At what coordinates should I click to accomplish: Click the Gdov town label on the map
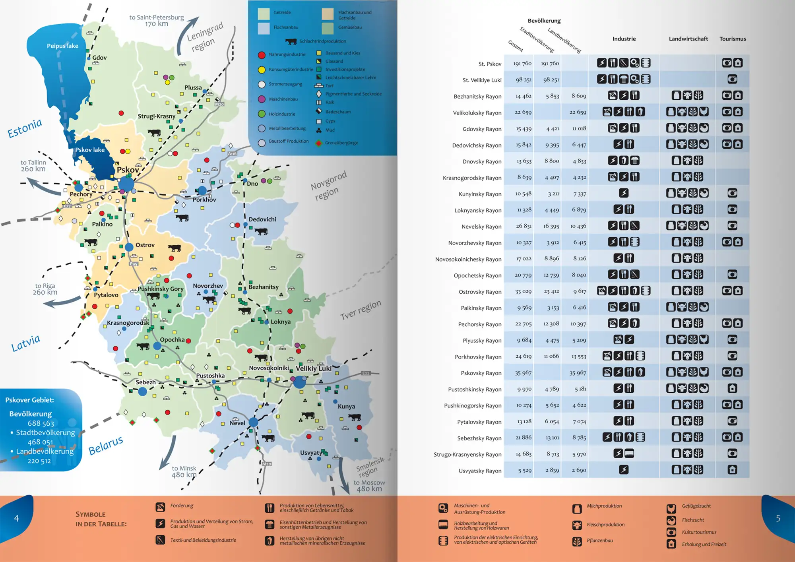[x=99, y=58]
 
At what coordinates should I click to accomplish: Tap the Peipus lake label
[x=62, y=46]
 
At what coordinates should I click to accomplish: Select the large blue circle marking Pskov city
[x=126, y=184]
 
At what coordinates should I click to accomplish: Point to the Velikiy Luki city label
[x=314, y=368]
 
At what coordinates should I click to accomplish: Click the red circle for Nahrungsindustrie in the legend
[x=262, y=55]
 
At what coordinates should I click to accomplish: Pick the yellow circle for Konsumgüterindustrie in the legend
[x=262, y=70]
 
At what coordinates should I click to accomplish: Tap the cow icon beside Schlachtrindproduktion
[x=291, y=41]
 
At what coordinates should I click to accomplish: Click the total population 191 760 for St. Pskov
[x=522, y=64]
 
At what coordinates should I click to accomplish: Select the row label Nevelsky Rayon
[x=481, y=227]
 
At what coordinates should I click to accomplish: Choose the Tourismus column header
[x=733, y=39]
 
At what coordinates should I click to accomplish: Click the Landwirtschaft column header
[x=688, y=39]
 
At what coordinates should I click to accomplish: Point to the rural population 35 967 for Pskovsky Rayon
[x=578, y=373]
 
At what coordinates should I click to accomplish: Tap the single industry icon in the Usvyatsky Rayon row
[x=624, y=470]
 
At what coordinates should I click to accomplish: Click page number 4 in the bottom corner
[x=16, y=518]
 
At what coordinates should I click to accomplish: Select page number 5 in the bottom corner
[x=778, y=518]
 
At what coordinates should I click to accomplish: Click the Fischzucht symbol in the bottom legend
[x=671, y=520]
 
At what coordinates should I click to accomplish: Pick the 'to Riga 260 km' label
[x=45, y=289]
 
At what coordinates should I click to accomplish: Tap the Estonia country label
[x=25, y=128]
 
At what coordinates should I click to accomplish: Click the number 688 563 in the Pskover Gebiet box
[x=41, y=423]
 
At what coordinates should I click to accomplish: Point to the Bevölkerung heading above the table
[x=544, y=21]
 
